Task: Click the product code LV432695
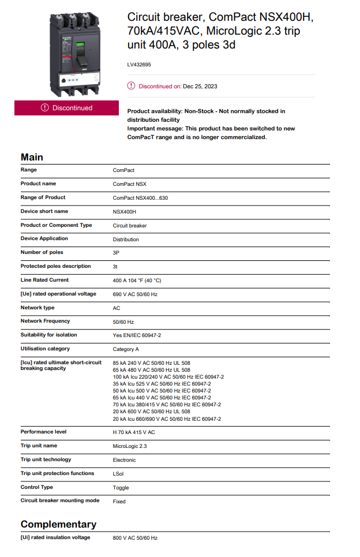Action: (139, 65)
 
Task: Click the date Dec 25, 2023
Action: (200, 87)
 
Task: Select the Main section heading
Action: (32, 157)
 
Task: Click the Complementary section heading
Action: (58, 524)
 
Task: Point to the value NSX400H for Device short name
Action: (125, 212)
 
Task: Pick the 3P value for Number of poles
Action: (117, 253)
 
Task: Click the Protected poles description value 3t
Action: (115, 267)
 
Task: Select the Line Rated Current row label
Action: (44, 280)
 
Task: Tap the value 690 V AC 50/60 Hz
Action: (135, 294)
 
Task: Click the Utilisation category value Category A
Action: (126, 349)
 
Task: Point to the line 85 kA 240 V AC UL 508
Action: (152, 363)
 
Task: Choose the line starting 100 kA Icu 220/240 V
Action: (168, 377)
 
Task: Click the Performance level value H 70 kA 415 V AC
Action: (134, 432)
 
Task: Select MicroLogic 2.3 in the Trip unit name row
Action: (130, 446)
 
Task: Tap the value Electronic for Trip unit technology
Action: (125, 460)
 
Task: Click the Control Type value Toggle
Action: (121, 488)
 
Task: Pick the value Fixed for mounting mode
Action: (119, 502)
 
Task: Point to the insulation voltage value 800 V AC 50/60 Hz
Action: (135, 538)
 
